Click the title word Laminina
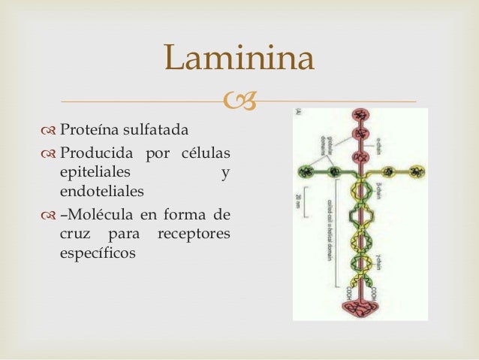pos(239,59)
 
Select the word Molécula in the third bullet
pos(101,216)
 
